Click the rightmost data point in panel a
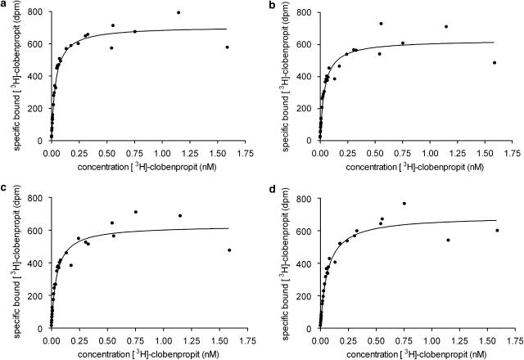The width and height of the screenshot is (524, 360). (x=227, y=47)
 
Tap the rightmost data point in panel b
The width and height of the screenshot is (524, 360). (x=495, y=62)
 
